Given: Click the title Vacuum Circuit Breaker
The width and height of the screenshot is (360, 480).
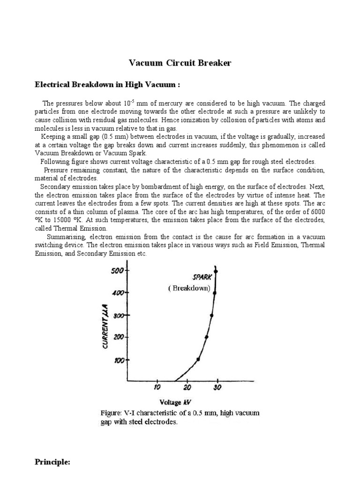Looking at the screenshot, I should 180,63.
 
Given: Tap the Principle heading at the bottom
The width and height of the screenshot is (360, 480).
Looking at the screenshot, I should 52,462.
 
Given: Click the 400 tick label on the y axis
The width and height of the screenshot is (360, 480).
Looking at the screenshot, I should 117,293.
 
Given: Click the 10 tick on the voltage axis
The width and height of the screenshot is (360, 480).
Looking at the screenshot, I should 157,387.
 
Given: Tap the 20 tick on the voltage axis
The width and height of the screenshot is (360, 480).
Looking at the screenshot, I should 187,387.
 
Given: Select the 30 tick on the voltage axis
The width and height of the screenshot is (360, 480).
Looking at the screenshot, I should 217,387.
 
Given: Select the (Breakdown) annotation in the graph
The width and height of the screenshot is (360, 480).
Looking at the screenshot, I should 189,288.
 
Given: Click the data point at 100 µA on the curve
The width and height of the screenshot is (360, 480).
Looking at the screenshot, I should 198,359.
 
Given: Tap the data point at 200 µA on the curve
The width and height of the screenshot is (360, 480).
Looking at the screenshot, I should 207,337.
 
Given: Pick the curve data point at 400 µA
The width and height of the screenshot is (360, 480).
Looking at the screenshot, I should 215,292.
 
